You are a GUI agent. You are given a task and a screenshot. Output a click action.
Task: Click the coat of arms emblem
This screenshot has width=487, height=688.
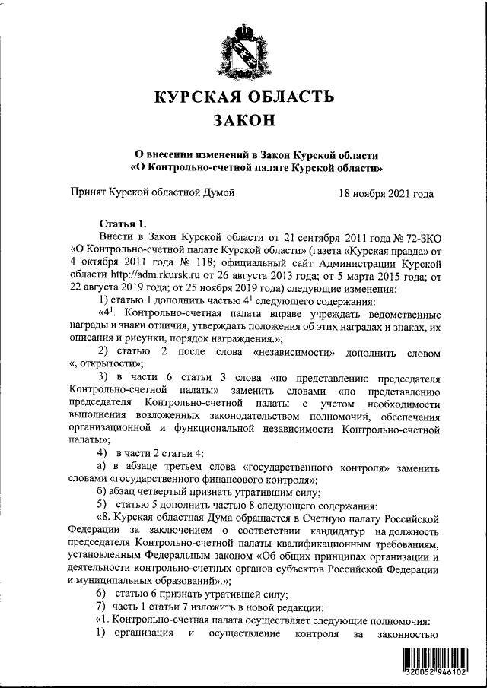pos(243,48)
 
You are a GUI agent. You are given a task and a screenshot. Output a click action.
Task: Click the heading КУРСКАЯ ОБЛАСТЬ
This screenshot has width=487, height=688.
pos(244,97)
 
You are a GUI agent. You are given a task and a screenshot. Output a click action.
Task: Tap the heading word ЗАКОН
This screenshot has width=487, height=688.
pos(244,121)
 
